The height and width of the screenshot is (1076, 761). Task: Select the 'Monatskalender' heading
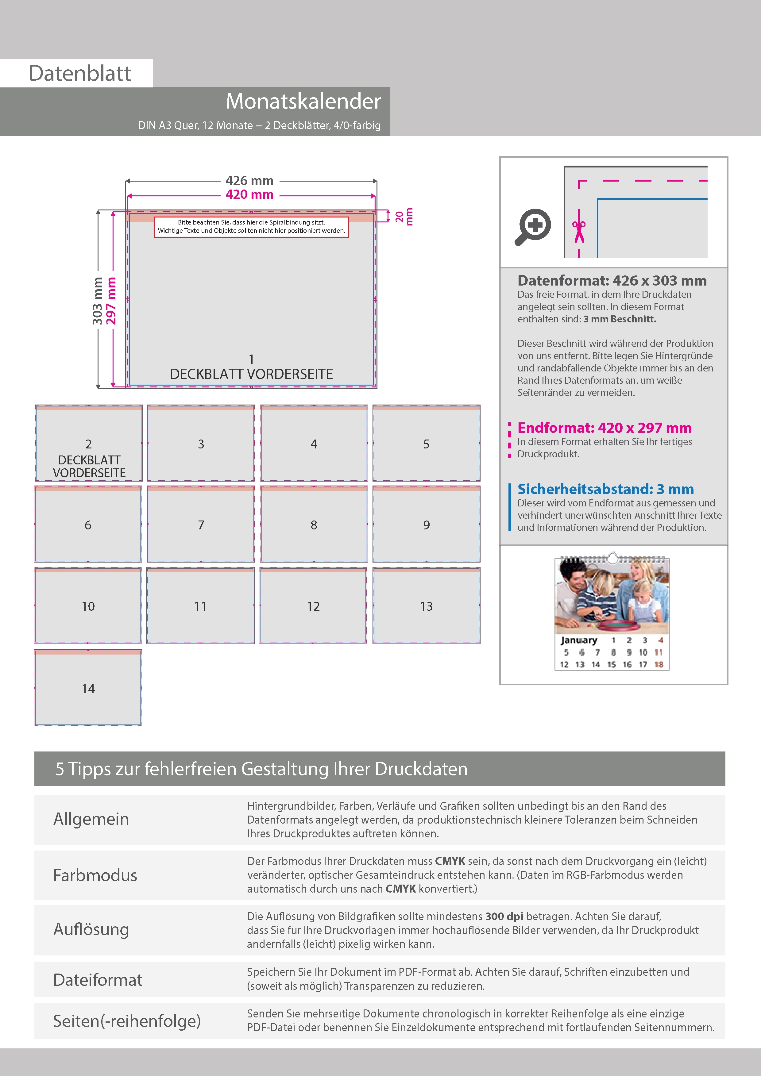(x=303, y=101)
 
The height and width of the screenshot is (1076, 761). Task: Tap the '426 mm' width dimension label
(x=249, y=180)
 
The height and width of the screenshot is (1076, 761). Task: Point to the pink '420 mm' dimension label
(x=249, y=194)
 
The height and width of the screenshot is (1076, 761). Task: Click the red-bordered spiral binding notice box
(x=251, y=227)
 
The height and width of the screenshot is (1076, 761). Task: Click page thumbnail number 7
(x=201, y=525)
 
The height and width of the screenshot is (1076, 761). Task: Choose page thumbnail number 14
(x=88, y=688)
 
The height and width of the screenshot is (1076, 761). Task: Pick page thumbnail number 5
(x=426, y=443)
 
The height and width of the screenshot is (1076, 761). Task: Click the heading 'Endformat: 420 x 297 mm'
(x=605, y=428)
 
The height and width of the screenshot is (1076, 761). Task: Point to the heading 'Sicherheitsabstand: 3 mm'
(x=605, y=489)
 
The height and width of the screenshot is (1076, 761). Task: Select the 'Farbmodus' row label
(x=95, y=875)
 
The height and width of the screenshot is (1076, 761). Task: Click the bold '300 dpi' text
(x=504, y=916)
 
